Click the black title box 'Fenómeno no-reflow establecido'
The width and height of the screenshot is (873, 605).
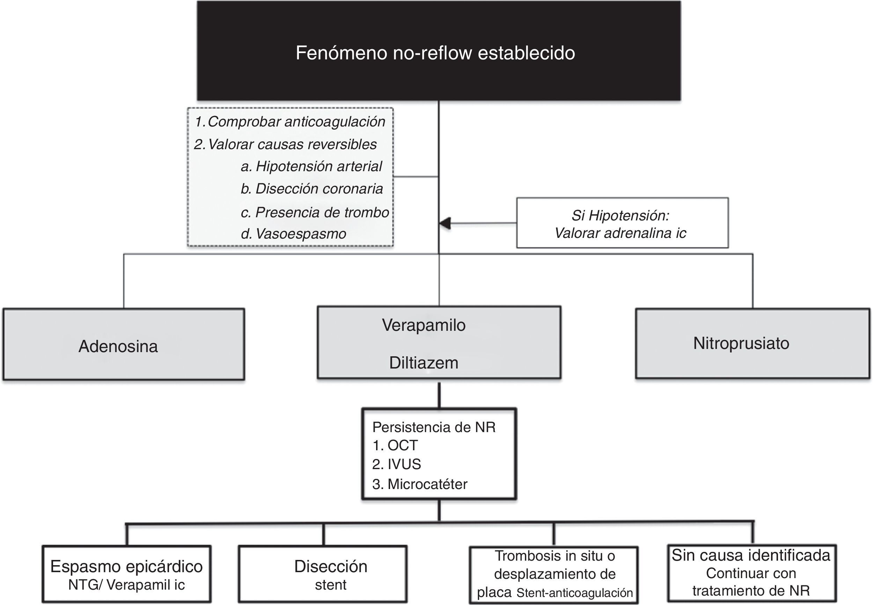click(438, 51)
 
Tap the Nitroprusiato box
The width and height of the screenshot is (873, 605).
click(752, 343)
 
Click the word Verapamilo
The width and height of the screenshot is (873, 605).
click(424, 325)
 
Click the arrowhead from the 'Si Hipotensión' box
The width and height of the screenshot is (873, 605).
click(445, 223)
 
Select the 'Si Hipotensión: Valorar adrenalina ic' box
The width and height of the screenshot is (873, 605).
click(622, 223)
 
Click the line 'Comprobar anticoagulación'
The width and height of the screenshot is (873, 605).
click(296, 122)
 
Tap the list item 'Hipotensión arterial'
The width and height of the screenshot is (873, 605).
click(319, 166)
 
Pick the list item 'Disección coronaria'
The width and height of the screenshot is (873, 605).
click(319, 189)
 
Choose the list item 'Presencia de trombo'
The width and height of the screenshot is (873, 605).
click(322, 212)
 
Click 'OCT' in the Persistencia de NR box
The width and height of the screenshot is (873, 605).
click(402, 445)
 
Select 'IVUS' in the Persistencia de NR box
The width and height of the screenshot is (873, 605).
click(404, 464)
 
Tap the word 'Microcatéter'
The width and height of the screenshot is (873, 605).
click(427, 484)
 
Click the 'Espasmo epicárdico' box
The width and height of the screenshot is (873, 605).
click(126, 574)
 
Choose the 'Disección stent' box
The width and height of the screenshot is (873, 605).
click(323, 574)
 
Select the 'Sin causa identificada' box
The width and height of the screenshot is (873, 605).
click(751, 573)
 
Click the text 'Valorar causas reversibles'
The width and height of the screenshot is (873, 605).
click(292, 144)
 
